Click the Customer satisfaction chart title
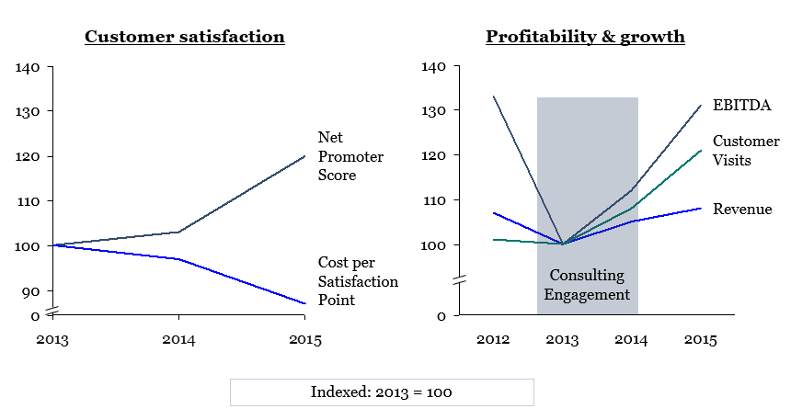(184, 38)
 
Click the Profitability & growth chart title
(585, 38)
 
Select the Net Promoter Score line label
(350, 156)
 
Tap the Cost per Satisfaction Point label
(357, 281)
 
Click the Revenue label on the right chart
(743, 210)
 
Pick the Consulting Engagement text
(587, 285)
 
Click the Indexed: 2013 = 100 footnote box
(381, 392)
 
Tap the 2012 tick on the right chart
(493, 340)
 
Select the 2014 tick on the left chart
(178, 340)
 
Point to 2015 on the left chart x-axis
(304, 340)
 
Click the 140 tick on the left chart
(29, 67)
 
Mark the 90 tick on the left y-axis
(32, 290)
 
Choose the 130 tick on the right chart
(433, 110)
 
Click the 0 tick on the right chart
(441, 315)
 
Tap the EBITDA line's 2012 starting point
(493, 96)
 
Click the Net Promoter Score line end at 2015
(304, 156)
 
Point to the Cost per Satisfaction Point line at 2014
(178, 259)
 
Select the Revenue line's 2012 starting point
(493, 213)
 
